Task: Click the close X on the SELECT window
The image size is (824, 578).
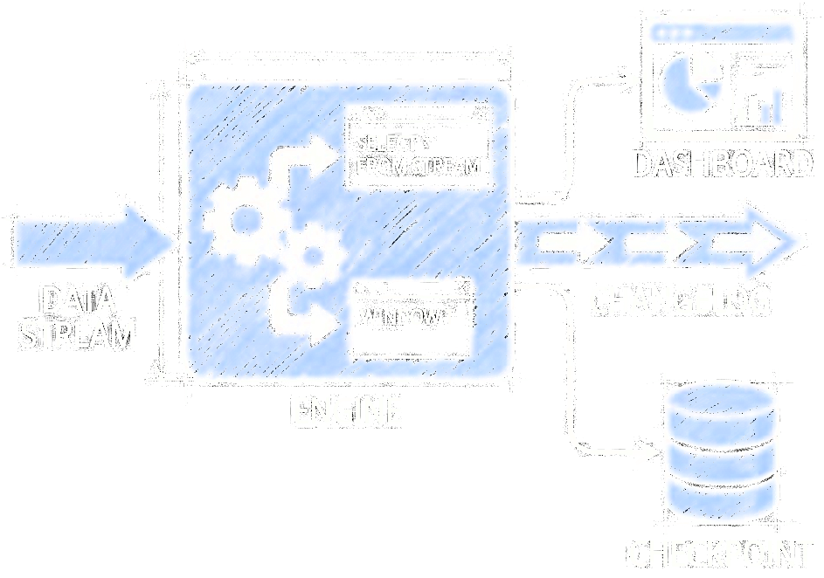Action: (x=480, y=114)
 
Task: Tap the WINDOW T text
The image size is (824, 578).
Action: (x=407, y=316)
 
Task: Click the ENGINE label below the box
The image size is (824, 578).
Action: (x=347, y=410)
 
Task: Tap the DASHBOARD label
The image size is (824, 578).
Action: (x=722, y=164)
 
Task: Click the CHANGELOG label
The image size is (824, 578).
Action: (x=679, y=299)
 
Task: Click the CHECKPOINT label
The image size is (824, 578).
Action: (x=721, y=554)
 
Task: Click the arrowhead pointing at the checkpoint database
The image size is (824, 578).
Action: (x=648, y=452)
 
